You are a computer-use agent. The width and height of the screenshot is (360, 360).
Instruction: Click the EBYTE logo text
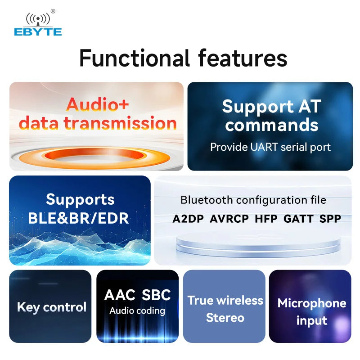tap(38, 32)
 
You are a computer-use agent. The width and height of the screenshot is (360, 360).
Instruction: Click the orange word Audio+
tap(97, 104)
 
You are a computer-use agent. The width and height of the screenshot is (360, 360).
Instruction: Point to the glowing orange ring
tap(96, 156)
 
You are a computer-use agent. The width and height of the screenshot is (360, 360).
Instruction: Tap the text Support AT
tap(271, 107)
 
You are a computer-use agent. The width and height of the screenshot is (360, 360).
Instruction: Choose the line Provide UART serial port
tap(270, 147)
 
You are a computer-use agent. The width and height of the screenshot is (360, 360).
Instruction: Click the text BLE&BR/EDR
tap(78, 218)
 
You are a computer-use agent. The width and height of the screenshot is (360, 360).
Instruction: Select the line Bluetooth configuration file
tap(253, 200)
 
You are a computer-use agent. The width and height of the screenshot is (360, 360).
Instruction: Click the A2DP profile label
tap(188, 219)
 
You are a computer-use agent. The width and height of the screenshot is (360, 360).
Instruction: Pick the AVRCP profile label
tap(229, 219)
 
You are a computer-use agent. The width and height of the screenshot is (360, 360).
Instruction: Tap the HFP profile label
tap(266, 219)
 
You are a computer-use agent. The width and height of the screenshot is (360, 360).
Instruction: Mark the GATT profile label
tap(298, 219)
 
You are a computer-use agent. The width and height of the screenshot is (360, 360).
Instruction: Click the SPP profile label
tap(330, 219)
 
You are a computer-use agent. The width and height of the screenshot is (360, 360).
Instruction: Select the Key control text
tap(51, 307)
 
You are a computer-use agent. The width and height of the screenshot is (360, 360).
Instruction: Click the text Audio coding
tap(137, 311)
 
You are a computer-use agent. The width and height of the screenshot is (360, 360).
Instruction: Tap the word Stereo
tap(225, 318)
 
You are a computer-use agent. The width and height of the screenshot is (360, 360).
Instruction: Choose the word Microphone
tap(312, 303)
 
